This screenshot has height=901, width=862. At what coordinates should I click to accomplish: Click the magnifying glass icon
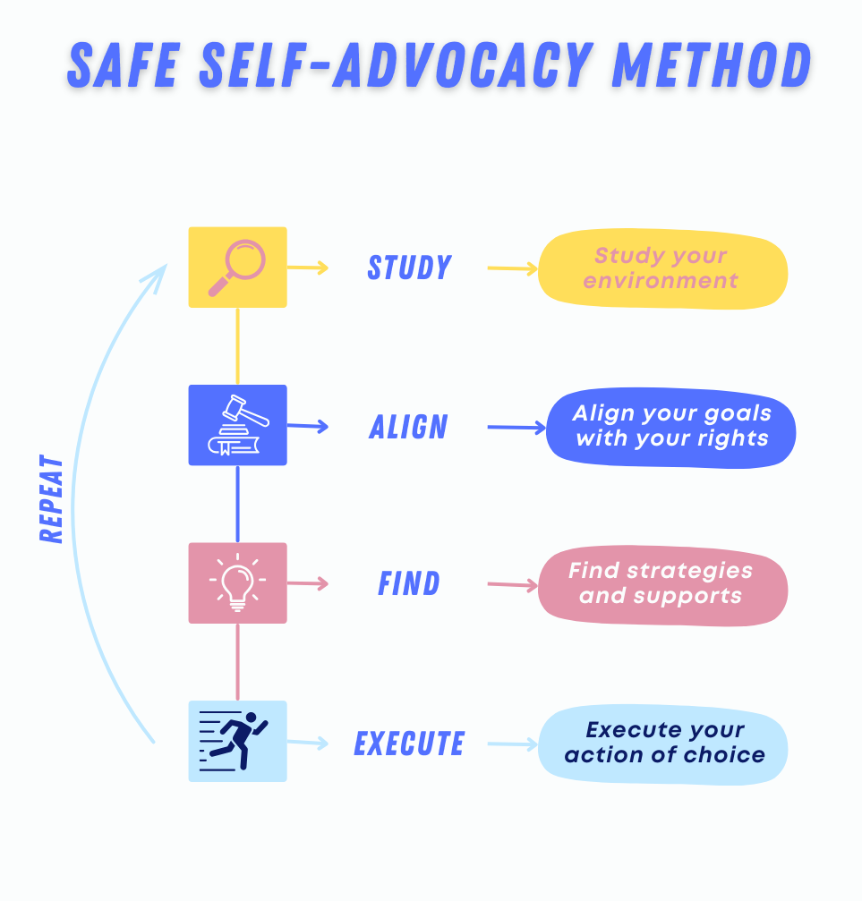coord(237,267)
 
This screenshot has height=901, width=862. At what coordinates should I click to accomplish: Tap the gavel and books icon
coord(237,425)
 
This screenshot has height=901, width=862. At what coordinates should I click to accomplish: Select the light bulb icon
coord(237,582)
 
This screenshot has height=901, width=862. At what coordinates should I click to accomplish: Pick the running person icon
coord(237,741)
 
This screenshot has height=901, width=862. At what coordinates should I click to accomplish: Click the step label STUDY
coord(409,268)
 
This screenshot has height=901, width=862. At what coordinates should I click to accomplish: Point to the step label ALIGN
coord(408,427)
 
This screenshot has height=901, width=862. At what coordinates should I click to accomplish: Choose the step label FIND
coord(409,584)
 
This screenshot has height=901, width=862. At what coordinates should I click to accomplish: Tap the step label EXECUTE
coord(409,744)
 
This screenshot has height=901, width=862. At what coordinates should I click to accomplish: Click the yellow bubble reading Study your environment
coord(661,268)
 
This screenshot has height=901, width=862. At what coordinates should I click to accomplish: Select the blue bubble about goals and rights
coord(671,427)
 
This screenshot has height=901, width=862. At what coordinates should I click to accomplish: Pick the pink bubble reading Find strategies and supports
coord(661,583)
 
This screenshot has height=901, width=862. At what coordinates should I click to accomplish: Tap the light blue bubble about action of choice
coord(663,743)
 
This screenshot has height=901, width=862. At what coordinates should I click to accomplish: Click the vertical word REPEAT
coord(52,499)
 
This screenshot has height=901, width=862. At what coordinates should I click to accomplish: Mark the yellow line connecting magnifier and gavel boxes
coord(237,345)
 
